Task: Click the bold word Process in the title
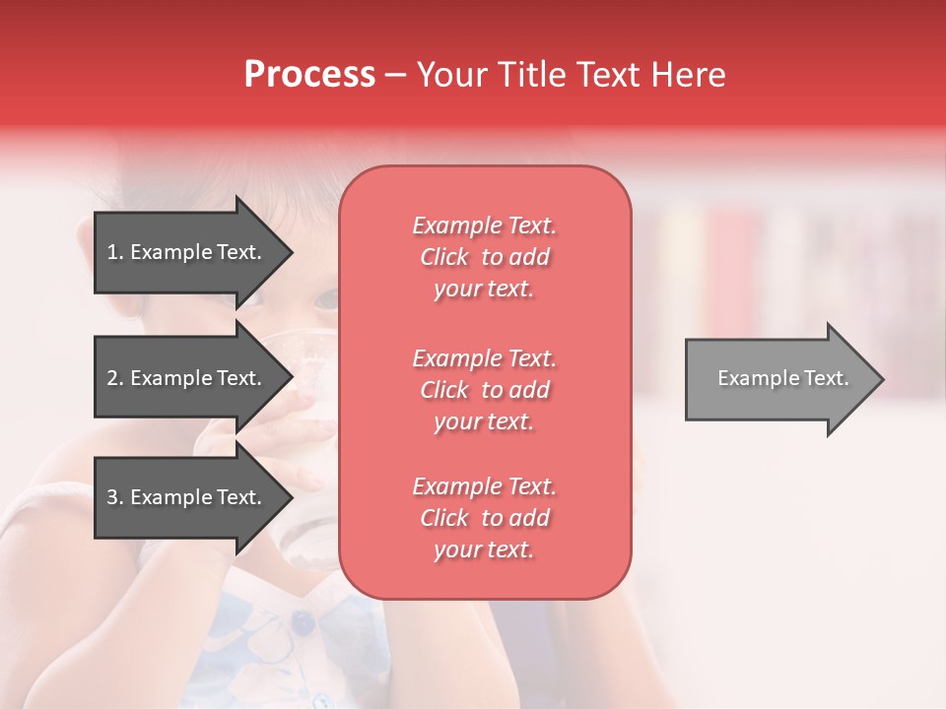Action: click(309, 75)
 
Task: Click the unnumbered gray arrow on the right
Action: click(782, 379)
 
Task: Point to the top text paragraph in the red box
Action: click(484, 257)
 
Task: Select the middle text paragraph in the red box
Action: click(484, 390)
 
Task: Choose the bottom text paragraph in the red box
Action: click(484, 518)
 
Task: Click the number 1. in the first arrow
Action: click(115, 252)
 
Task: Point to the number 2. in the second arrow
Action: click(115, 378)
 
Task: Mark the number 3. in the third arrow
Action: click(115, 497)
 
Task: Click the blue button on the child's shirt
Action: click(303, 622)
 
